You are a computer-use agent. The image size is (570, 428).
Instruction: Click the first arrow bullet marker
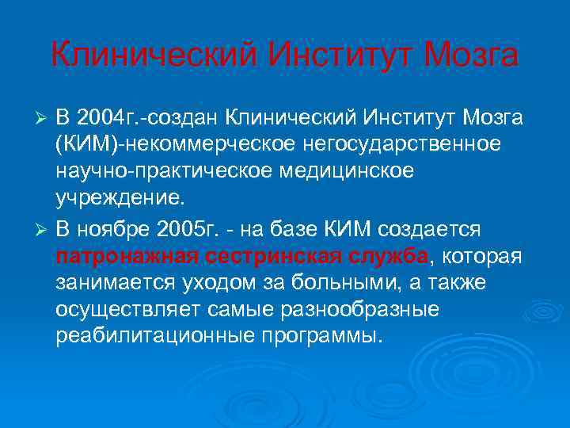click(44, 119)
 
